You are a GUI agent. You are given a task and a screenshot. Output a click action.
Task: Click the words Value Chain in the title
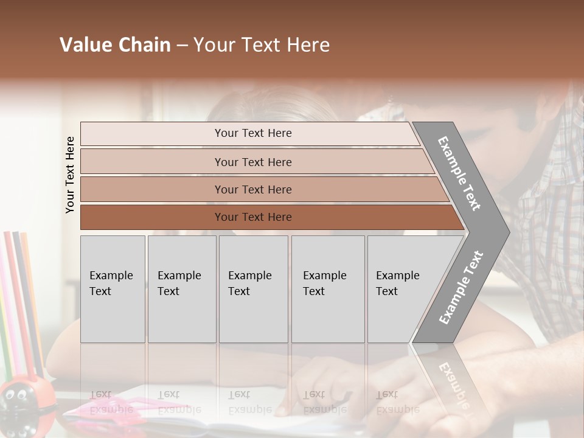click(115, 45)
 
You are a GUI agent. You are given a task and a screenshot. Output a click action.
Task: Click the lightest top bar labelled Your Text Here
click(252, 133)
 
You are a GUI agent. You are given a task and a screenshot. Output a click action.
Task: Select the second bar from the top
click(253, 162)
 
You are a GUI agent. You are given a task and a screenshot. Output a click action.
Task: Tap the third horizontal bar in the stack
click(253, 189)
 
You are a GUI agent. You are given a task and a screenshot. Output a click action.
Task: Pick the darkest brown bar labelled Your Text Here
click(253, 217)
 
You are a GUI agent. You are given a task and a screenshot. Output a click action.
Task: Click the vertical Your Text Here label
click(70, 175)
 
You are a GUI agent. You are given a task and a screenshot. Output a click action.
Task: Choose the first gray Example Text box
click(113, 288)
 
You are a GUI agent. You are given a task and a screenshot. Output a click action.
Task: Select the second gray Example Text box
click(181, 288)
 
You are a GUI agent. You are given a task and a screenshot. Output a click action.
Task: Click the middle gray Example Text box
click(253, 288)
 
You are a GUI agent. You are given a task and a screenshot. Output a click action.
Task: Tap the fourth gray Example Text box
click(327, 288)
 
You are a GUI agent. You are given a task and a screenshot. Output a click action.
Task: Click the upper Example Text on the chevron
click(459, 173)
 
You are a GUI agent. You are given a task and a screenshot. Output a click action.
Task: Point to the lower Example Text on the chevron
click(461, 287)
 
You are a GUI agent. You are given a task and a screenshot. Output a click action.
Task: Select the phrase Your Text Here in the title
click(261, 45)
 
